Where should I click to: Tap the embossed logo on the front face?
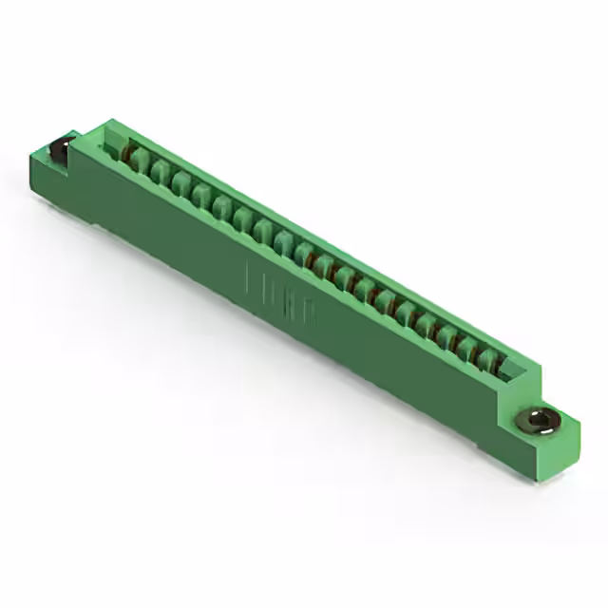281,295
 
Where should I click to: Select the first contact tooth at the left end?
140,161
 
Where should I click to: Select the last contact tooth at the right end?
488,360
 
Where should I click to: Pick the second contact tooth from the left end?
160,172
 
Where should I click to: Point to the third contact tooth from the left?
180,183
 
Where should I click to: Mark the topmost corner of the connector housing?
111,122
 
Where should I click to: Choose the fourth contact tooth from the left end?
200,195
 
